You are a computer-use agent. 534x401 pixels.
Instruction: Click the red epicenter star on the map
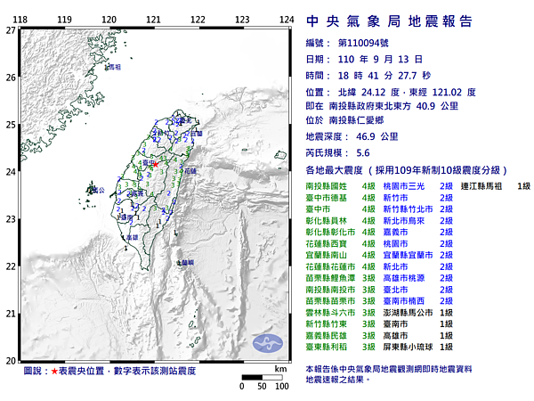click(x=154, y=165)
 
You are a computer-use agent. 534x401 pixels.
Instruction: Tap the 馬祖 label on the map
click(x=114, y=67)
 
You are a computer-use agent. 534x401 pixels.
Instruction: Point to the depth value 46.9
click(x=366, y=138)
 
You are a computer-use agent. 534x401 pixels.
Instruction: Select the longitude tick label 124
click(x=287, y=19)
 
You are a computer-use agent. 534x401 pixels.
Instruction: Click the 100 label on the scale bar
click(x=281, y=387)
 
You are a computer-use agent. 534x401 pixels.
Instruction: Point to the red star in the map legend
click(x=55, y=370)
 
